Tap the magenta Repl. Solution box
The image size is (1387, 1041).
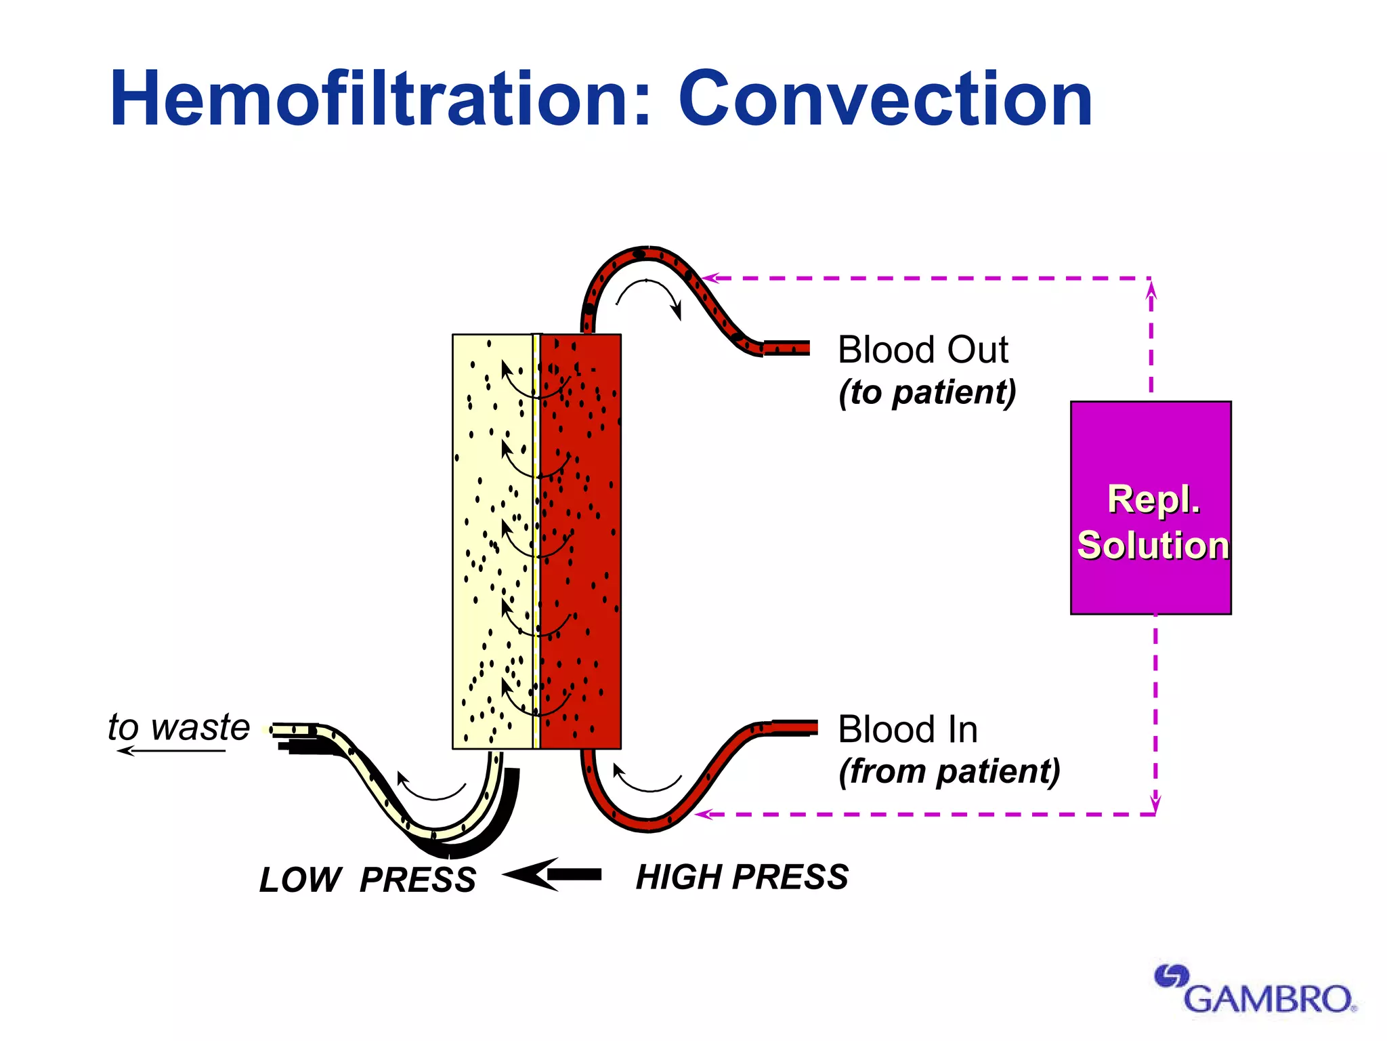coord(1151,508)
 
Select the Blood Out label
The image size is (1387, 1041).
coord(922,350)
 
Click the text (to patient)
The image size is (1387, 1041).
coord(927,392)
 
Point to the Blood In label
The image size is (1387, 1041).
coord(908,730)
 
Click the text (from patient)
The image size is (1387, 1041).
coord(949,772)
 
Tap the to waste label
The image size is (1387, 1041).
coord(179,727)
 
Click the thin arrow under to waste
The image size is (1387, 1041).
coord(169,751)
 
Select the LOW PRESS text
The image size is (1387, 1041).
coord(368,880)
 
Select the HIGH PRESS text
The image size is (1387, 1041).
coord(742,877)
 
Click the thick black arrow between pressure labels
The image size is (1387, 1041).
coord(552,875)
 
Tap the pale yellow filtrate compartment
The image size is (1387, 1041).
coord(484,542)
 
